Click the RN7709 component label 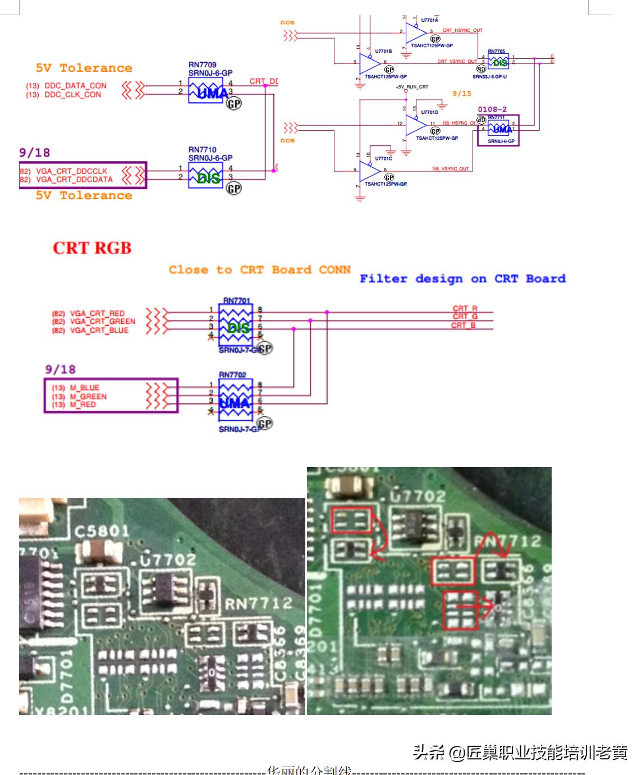tap(202, 65)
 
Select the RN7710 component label tap(202, 150)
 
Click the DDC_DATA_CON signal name tap(75, 86)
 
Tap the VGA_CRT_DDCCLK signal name tap(71, 171)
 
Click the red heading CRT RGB tap(92, 248)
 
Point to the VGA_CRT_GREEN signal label tap(102, 322)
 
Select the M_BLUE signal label tap(84, 388)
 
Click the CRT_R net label tap(465, 309)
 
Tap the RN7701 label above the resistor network tap(236, 301)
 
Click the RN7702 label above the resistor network tap(232, 375)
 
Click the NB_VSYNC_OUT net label tap(450, 168)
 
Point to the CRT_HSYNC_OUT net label tap(462, 30)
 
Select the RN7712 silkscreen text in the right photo tap(507, 542)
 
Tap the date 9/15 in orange tap(462, 94)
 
